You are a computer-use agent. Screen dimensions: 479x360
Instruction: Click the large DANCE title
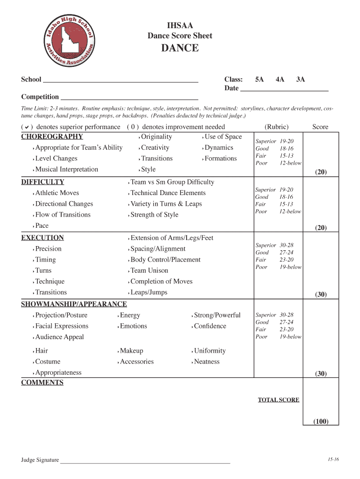[180, 48]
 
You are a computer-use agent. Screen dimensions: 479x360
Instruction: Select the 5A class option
[259, 80]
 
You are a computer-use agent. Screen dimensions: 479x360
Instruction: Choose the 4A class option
[280, 80]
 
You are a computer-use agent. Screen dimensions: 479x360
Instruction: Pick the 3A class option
[300, 80]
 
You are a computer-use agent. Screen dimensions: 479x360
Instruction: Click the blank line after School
[121, 80]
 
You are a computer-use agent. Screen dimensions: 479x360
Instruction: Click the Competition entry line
[130, 98]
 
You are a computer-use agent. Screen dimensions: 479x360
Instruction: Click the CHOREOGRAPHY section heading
[52, 137]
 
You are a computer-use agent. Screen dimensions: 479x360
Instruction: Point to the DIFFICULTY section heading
[43, 182]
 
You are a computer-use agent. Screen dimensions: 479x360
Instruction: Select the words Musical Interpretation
[66, 169]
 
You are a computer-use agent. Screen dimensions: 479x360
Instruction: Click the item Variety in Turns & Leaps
[166, 204]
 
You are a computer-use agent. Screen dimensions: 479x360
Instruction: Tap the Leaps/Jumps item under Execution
[149, 292]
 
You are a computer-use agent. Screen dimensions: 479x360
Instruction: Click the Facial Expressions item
[62, 326]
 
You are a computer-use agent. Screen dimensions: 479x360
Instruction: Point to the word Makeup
[131, 351]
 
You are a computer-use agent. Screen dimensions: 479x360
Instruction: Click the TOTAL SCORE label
[279, 400]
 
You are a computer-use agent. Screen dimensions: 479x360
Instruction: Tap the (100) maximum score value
[321, 421]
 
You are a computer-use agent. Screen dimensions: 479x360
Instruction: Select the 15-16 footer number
[333, 459]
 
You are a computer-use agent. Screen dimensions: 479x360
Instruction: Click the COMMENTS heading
[42, 383]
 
